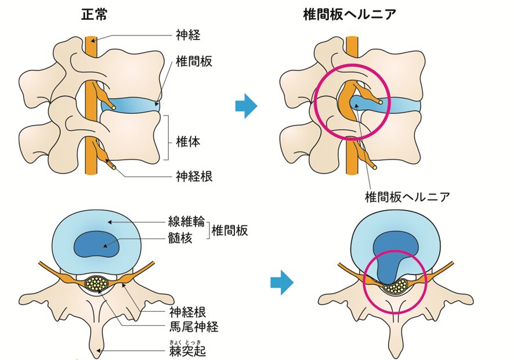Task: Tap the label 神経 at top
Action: point(188,35)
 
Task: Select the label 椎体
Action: point(188,141)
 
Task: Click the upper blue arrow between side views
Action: point(246,106)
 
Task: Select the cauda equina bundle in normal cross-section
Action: point(97,284)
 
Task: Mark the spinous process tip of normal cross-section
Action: point(97,350)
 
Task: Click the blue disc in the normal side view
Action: point(131,106)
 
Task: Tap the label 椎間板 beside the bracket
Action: point(230,230)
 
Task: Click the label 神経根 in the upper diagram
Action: point(194,176)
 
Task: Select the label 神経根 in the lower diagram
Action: point(189,312)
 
